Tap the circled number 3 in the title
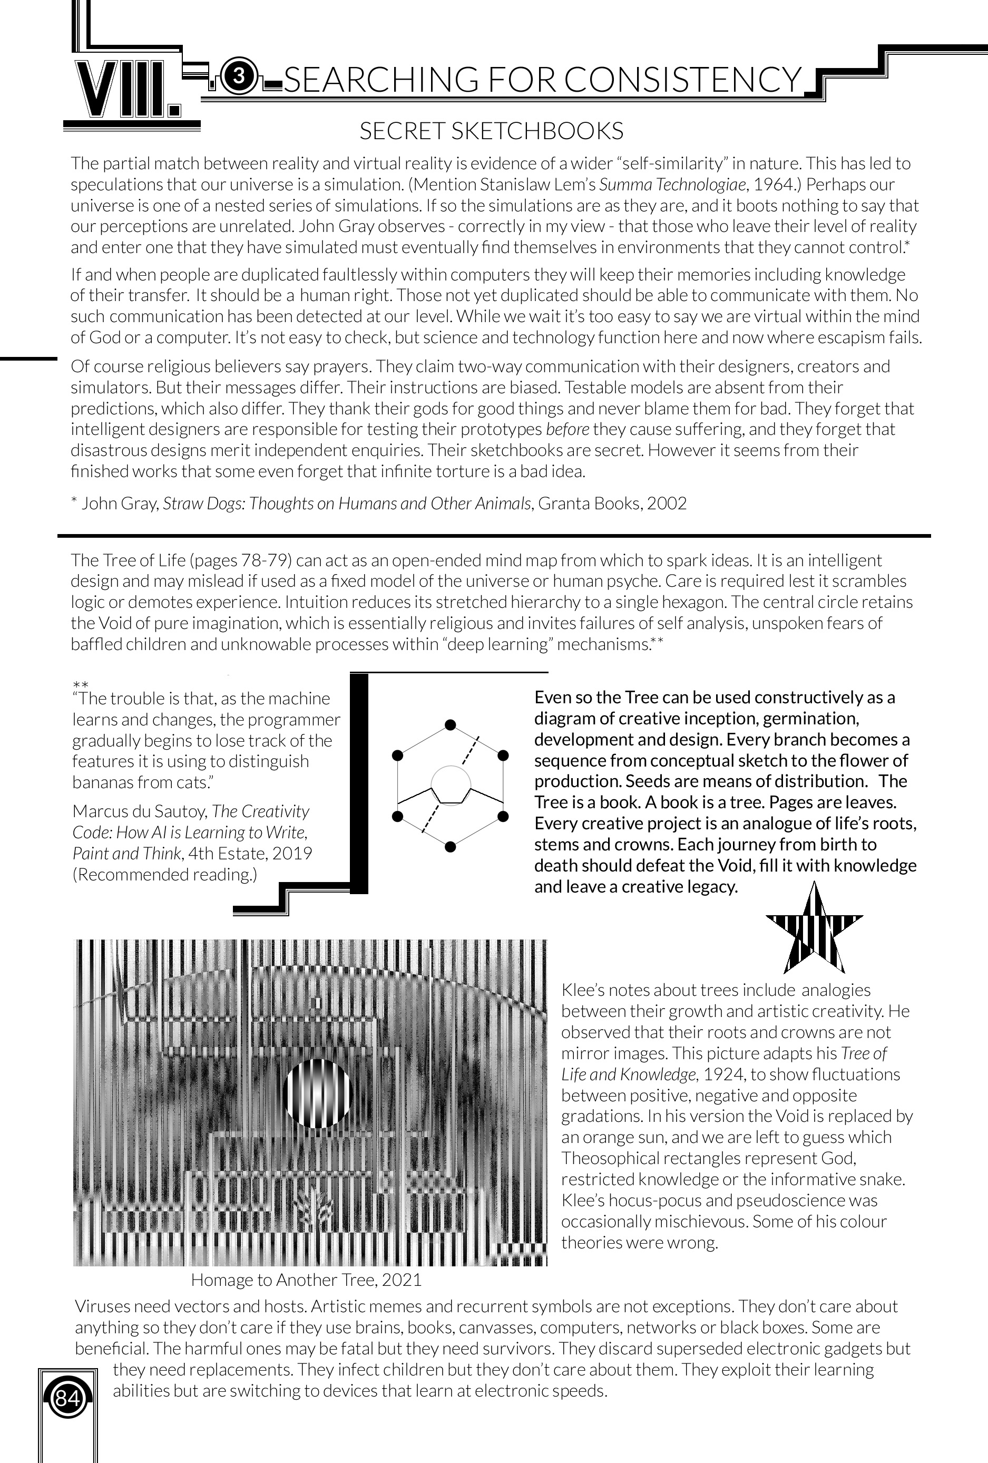(239, 77)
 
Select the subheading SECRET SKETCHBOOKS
(491, 131)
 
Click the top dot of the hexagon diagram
(450, 724)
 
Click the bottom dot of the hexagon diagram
(450, 847)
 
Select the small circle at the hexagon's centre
(451, 785)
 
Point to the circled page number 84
(67, 1399)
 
